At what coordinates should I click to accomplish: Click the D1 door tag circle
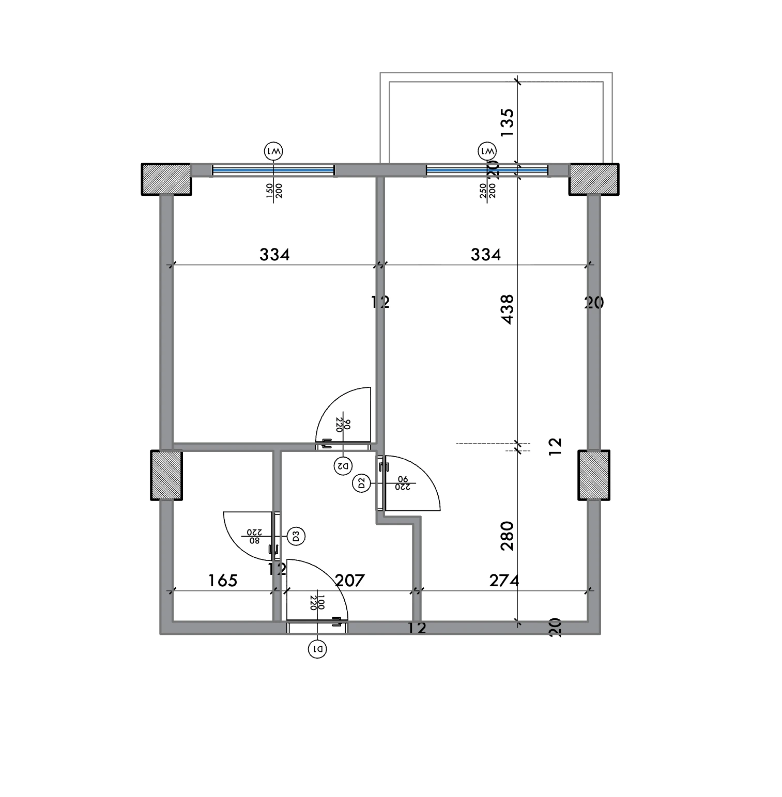(x=317, y=649)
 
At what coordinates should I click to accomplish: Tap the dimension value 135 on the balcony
(x=508, y=122)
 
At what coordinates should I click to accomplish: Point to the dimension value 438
(x=508, y=309)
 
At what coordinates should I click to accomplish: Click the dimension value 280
(x=508, y=536)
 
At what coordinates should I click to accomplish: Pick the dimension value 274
(x=504, y=581)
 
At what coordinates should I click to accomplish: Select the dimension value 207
(x=350, y=581)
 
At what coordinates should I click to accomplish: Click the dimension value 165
(x=223, y=581)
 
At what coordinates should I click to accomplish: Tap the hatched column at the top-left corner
(x=166, y=179)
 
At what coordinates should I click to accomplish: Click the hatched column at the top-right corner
(x=594, y=179)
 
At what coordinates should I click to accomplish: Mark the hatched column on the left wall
(x=166, y=475)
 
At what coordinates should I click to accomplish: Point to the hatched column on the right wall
(x=594, y=475)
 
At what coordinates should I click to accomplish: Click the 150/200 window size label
(x=274, y=191)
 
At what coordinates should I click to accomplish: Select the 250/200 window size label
(x=487, y=191)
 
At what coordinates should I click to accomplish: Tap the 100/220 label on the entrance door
(x=317, y=603)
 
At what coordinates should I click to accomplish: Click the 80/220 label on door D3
(x=254, y=536)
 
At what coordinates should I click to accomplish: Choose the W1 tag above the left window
(x=273, y=152)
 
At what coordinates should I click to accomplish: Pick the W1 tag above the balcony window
(x=487, y=152)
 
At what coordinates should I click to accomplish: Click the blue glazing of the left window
(x=273, y=169)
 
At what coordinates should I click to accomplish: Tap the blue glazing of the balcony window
(x=487, y=169)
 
